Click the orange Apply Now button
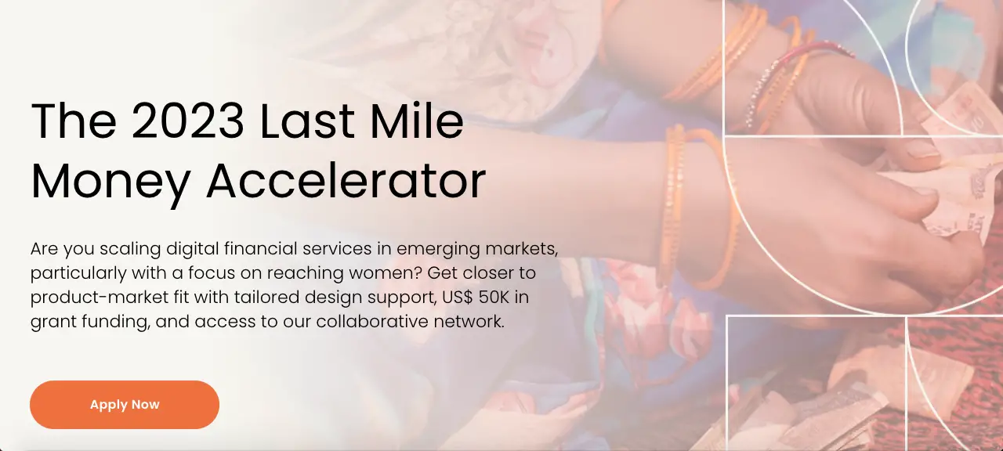coord(125,405)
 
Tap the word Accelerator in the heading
coord(346,182)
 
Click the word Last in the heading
coord(306,120)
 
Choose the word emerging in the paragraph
coord(438,250)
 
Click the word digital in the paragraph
coord(193,250)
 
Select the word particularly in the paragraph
coord(78,274)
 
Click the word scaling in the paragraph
coord(130,250)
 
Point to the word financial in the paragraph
coord(261,249)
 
